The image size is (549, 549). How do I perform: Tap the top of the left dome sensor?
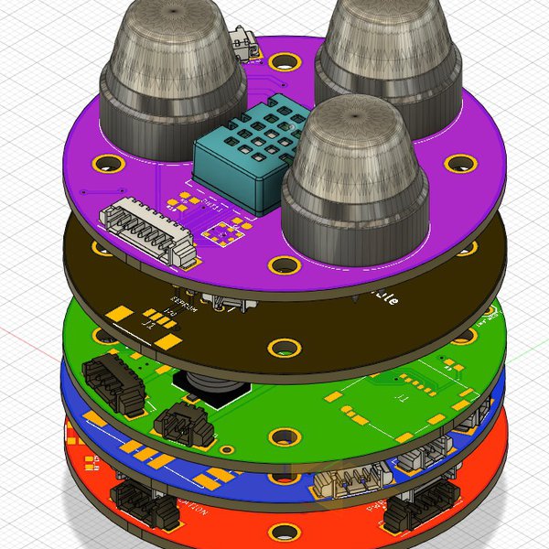pyautogui.click(x=171, y=14)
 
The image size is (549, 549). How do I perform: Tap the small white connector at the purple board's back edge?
pyautogui.click(x=244, y=45)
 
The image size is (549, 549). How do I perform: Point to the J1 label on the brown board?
pyautogui.click(x=146, y=322)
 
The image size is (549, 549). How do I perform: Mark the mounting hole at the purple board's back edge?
pyautogui.click(x=278, y=60)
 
